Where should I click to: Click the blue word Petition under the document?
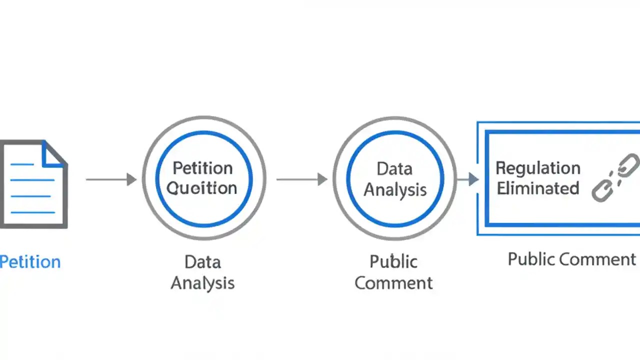pyautogui.click(x=30, y=262)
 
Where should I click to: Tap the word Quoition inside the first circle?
pyautogui.click(x=201, y=188)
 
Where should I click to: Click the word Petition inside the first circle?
pyautogui.click(x=202, y=168)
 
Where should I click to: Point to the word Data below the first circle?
pyautogui.click(x=202, y=261)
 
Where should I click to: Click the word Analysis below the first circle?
pyautogui.click(x=202, y=283)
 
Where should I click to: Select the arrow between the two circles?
pyautogui.click(x=300, y=179)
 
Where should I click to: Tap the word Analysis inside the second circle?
pyautogui.click(x=395, y=189)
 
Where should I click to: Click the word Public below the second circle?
pyautogui.click(x=393, y=261)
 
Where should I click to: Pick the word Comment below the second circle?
pyautogui.click(x=393, y=283)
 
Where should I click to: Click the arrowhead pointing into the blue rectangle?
pyautogui.click(x=473, y=179)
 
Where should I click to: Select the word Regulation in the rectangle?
pyautogui.click(x=537, y=168)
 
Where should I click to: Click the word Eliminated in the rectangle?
pyautogui.click(x=537, y=188)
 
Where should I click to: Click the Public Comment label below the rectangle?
pyautogui.click(x=571, y=259)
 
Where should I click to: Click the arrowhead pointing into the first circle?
pyautogui.click(x=131, y=179)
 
